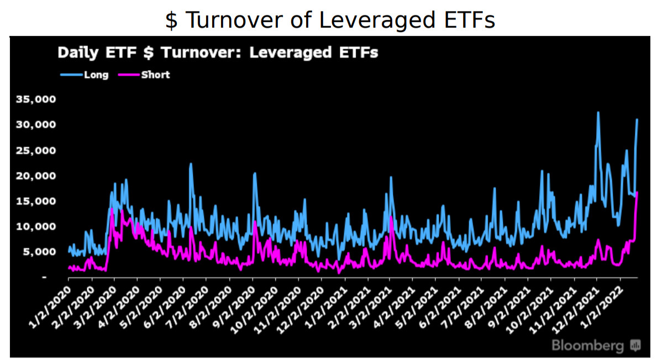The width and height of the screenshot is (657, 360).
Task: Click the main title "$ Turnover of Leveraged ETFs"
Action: (x=330, y=20)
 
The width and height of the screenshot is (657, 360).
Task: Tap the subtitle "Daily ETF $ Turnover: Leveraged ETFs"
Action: (x=218, y=53)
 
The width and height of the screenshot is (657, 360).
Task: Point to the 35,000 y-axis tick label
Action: (x=36, y=100)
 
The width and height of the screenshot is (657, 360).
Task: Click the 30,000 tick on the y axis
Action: (x=36, y=125)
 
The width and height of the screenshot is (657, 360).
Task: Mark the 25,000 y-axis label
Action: (x=36, y=151)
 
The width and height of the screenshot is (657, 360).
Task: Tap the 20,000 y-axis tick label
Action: (x=36, y=176)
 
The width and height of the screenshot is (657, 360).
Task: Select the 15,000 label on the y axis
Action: (x=36, y=201)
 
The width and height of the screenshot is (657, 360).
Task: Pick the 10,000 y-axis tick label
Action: (x=36, y=226)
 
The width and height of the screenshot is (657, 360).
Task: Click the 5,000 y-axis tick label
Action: (x=39, y=252)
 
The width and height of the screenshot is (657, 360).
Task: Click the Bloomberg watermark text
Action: (x=587, y=346)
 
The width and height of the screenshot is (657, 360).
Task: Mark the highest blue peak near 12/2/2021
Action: (x=598, y=113)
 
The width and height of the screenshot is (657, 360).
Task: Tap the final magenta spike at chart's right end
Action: (x=637, y=193)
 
